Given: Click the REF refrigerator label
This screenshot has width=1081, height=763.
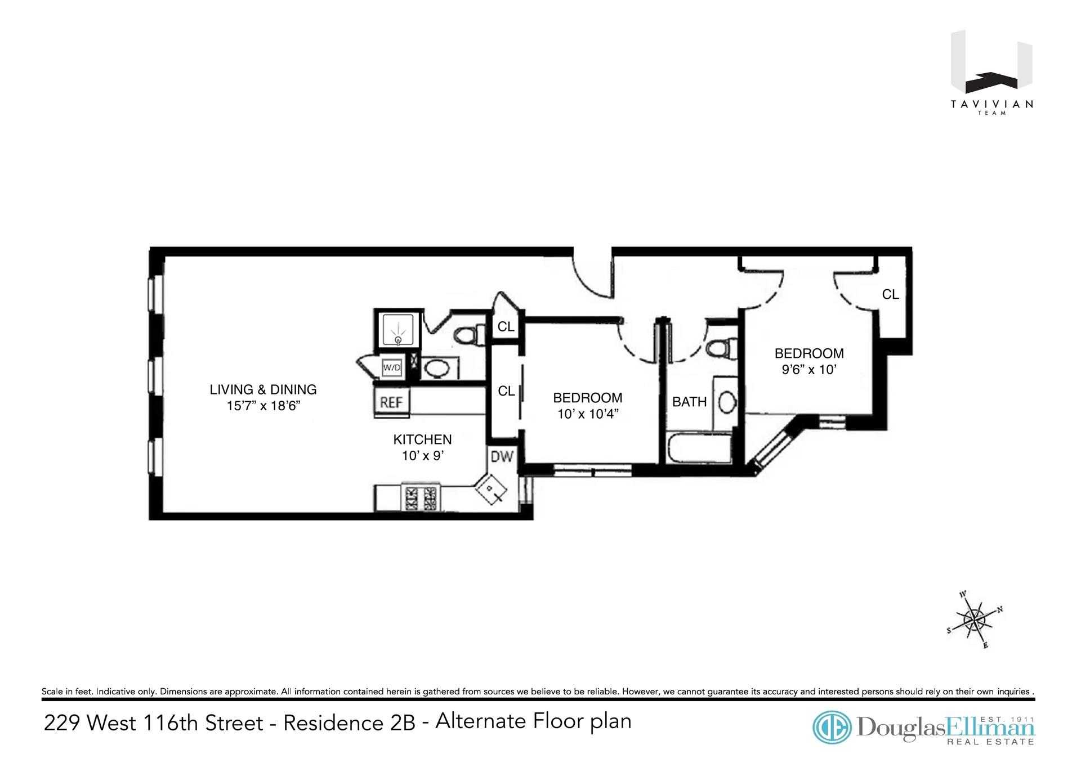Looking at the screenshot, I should [x=391, y=402].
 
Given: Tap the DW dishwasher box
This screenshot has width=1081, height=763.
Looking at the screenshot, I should [x=502, y=456].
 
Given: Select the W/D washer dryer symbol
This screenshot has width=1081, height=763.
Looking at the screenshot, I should [x=392, y=368].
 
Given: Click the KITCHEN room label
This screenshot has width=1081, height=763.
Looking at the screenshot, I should [x=422, y=439].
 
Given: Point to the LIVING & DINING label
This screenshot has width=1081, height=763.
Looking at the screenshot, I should [x=263, y=389].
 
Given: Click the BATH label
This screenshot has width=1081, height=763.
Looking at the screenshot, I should [x=689, y=402].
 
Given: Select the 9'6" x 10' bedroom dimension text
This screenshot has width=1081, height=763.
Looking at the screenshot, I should [x=809, y=370].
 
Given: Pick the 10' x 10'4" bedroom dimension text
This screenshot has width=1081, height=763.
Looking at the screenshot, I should [x=588, y=415].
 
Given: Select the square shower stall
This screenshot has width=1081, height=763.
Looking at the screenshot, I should [x=398, y=330].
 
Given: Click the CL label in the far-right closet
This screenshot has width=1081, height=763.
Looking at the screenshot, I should [x=890, y=294].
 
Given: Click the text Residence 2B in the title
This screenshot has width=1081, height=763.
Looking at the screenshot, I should [x=349, y=723].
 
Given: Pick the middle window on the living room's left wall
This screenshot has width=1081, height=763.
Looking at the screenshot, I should [x=152, y=373].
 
